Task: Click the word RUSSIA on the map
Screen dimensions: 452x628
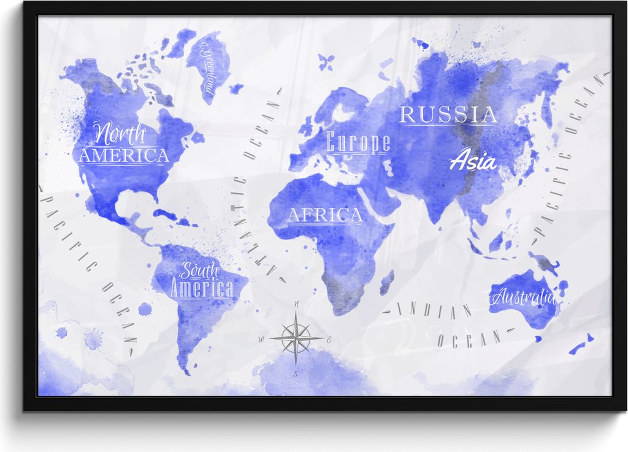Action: [448, 115]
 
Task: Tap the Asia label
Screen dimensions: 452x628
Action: [473, 161]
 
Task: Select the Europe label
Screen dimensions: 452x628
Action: [358, 143]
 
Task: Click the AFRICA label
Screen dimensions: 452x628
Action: [325, 215]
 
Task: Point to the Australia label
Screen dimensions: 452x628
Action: [523, 299]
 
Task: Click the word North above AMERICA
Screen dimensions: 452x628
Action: [120, 133]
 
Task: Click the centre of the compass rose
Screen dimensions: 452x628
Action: [296, 337]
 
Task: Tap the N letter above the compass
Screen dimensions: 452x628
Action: [296, 304]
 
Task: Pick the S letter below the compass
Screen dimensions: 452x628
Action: [296, 373]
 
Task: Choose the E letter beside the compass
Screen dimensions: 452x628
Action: [329, 339]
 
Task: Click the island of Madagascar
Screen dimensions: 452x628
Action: [386, 283]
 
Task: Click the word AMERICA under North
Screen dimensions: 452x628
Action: [123, 155]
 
